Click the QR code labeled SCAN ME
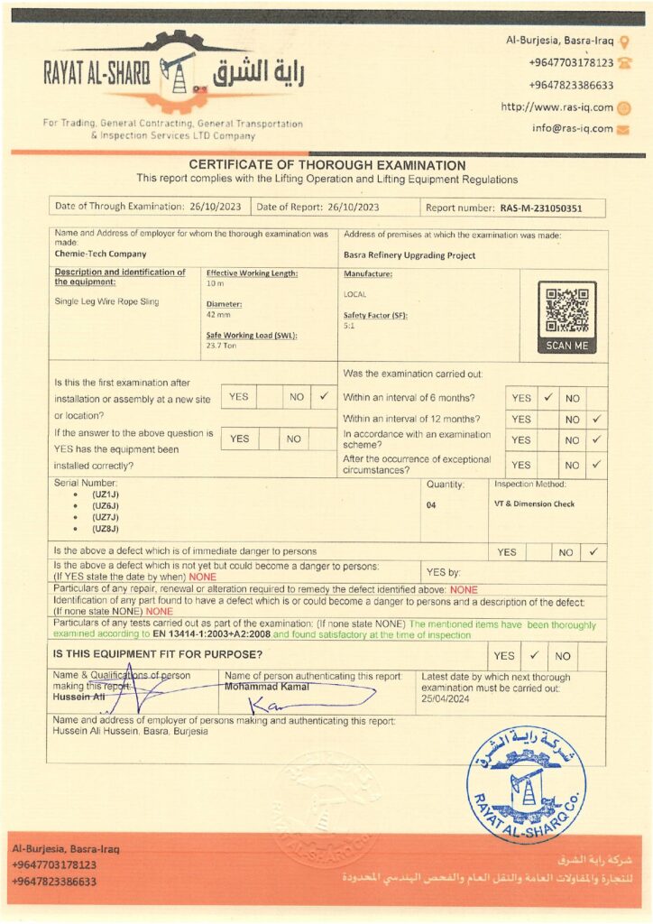point(566,311)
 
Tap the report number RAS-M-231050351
point(541,208)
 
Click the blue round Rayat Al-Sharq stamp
point(526,784)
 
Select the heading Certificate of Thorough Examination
point(326,166)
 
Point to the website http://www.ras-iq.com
point(556,107)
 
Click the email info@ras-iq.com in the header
point(572,128)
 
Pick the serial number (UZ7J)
point(106,517)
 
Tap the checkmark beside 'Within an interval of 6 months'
point(547,397)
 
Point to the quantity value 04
point(431,505)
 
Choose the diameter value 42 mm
point(218,314)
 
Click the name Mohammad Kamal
point(266,687)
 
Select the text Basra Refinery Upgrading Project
point(409,255)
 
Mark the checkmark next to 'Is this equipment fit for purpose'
point(534,656)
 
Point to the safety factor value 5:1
point(349,325)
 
